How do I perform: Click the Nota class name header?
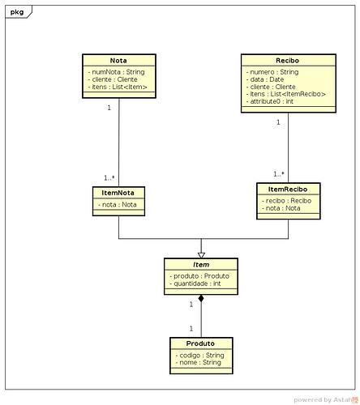(118, 61)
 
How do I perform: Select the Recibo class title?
(287, 61)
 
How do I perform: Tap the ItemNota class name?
(118, 193)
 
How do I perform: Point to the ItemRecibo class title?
(288, 190)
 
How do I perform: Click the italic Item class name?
(201, 265)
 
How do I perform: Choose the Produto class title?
(200, 343)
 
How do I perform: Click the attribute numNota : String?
(116, 72)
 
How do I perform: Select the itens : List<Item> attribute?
(118, 87)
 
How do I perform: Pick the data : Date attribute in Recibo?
(265, 79)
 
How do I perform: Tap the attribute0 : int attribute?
(270, 101)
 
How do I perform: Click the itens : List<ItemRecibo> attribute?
(286, 94)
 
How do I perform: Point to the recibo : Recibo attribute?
(286, 201)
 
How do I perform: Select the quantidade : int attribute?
(195, 283)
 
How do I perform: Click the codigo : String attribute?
(199, 355)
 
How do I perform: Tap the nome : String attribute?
(198, 362)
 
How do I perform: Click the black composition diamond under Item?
(201, 298)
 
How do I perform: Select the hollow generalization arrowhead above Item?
(201, 255)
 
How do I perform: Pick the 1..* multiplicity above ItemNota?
(109, 178)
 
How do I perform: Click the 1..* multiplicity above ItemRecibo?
(279, 174)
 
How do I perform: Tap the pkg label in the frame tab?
(17, 12)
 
